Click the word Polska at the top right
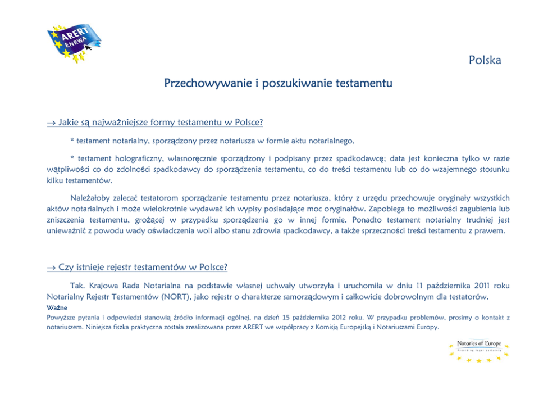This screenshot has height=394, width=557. tap(485, 60)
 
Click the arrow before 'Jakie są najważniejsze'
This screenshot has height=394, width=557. tap(51, 122)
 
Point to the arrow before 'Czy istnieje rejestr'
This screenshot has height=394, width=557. tap(51, 266)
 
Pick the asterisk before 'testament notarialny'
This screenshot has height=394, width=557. tap(72, 139)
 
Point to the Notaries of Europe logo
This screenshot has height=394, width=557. tap(478, 351)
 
